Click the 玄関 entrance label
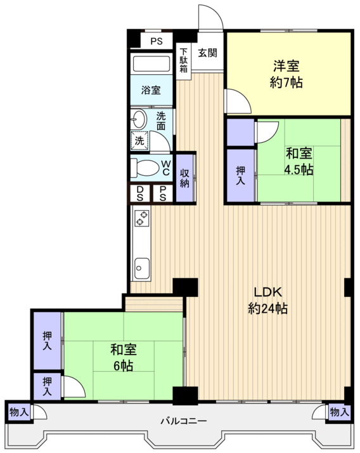tap(207, 53)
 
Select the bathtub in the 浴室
tap(151, 63)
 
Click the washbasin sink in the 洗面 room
tap(139, 119)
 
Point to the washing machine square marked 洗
tap(139, 141)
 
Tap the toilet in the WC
tap(145, 168)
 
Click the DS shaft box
tap(139, 194)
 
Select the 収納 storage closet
tap(185, 178)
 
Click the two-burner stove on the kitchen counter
tap(142, 218)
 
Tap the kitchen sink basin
tap(142, 268)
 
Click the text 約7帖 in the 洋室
tap(286, 83)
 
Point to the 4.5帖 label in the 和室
tap(299, 169)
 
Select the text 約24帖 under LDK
tap(267, 308)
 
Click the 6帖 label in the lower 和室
tap(123, 365)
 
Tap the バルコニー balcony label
tap(184, 421)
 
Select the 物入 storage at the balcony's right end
tap(340, 412)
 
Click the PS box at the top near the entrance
tap(157, 41)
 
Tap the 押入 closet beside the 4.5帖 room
tap(240, 175)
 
